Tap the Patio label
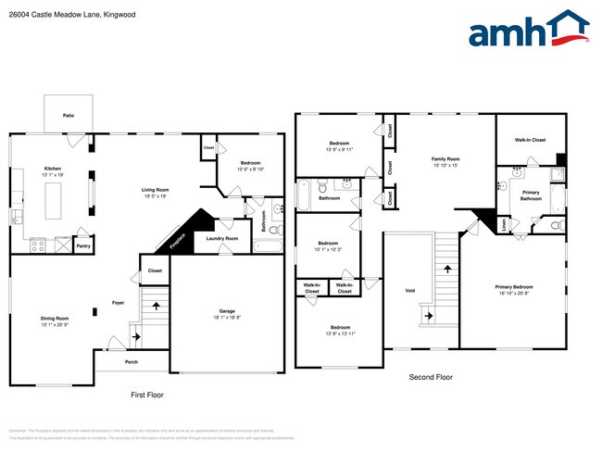[69, 117]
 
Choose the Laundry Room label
[222, 239]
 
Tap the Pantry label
[83, 246]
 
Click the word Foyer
[119, 303]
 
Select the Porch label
[132, 362]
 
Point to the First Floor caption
[146, 395]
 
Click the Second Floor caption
[431, 378]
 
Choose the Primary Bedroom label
[515, 290]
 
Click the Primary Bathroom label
[531, 195]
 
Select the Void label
[410, 291]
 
